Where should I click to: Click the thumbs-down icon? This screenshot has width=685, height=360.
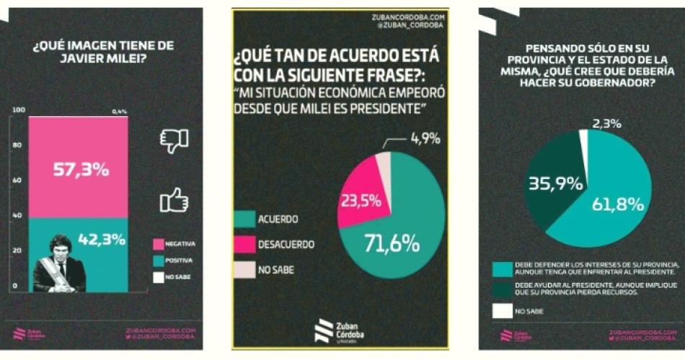[x=173, y=140]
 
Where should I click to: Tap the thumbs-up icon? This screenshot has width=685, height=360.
[x=174, y=200]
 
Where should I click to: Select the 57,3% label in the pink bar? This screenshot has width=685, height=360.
[x=81, y=170]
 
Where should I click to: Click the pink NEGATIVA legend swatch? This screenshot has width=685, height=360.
[x=159, y=243]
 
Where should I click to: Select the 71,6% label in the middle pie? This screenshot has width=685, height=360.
[x=392, y=244]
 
